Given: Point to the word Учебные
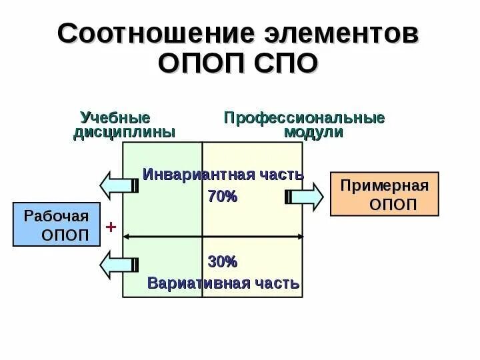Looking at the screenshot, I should (x=115, y=117).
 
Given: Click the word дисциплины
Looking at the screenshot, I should (x=124, y=132).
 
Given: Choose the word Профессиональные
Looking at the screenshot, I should (x=305, y=118).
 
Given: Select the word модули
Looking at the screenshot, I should (x=313, y=132).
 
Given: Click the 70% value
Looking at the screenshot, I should (x=223, y=196).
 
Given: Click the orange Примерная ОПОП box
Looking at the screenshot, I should (x=385, y=193).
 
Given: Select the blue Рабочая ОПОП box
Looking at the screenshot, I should (x=56, y=225).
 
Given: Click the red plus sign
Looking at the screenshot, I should (x=111, y=228).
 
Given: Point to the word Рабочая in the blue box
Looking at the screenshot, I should (x=56, y=216).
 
